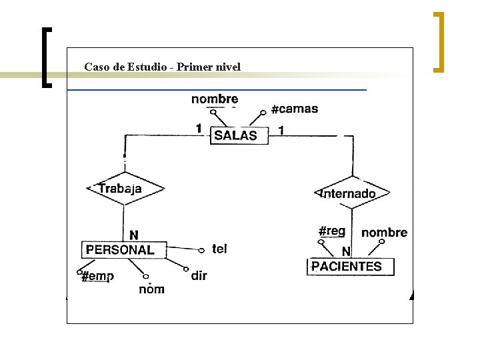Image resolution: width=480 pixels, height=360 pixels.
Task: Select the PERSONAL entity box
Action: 120,250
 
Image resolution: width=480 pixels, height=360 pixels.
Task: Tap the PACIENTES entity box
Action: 351,267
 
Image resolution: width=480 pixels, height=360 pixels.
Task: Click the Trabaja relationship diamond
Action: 124,189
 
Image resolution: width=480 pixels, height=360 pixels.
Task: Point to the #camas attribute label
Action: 295,109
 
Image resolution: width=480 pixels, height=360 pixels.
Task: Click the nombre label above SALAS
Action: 214,99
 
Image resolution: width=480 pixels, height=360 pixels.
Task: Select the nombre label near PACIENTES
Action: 384,232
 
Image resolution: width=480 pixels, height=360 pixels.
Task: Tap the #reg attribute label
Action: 332,231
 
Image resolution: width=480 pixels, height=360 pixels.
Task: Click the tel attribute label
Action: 219,249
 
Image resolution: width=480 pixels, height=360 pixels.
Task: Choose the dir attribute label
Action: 199,275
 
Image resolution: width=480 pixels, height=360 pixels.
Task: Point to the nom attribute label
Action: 152,289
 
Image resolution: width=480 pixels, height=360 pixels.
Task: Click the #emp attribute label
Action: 97,276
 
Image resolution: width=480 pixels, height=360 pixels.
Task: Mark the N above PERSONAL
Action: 134,235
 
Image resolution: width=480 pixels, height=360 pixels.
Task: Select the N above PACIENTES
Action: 346,251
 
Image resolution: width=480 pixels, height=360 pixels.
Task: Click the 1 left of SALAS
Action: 199,128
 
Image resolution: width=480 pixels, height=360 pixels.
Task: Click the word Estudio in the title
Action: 154,67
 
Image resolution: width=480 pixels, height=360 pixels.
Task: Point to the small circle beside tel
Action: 202,251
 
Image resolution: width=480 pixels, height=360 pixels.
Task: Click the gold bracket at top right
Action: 438,41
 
